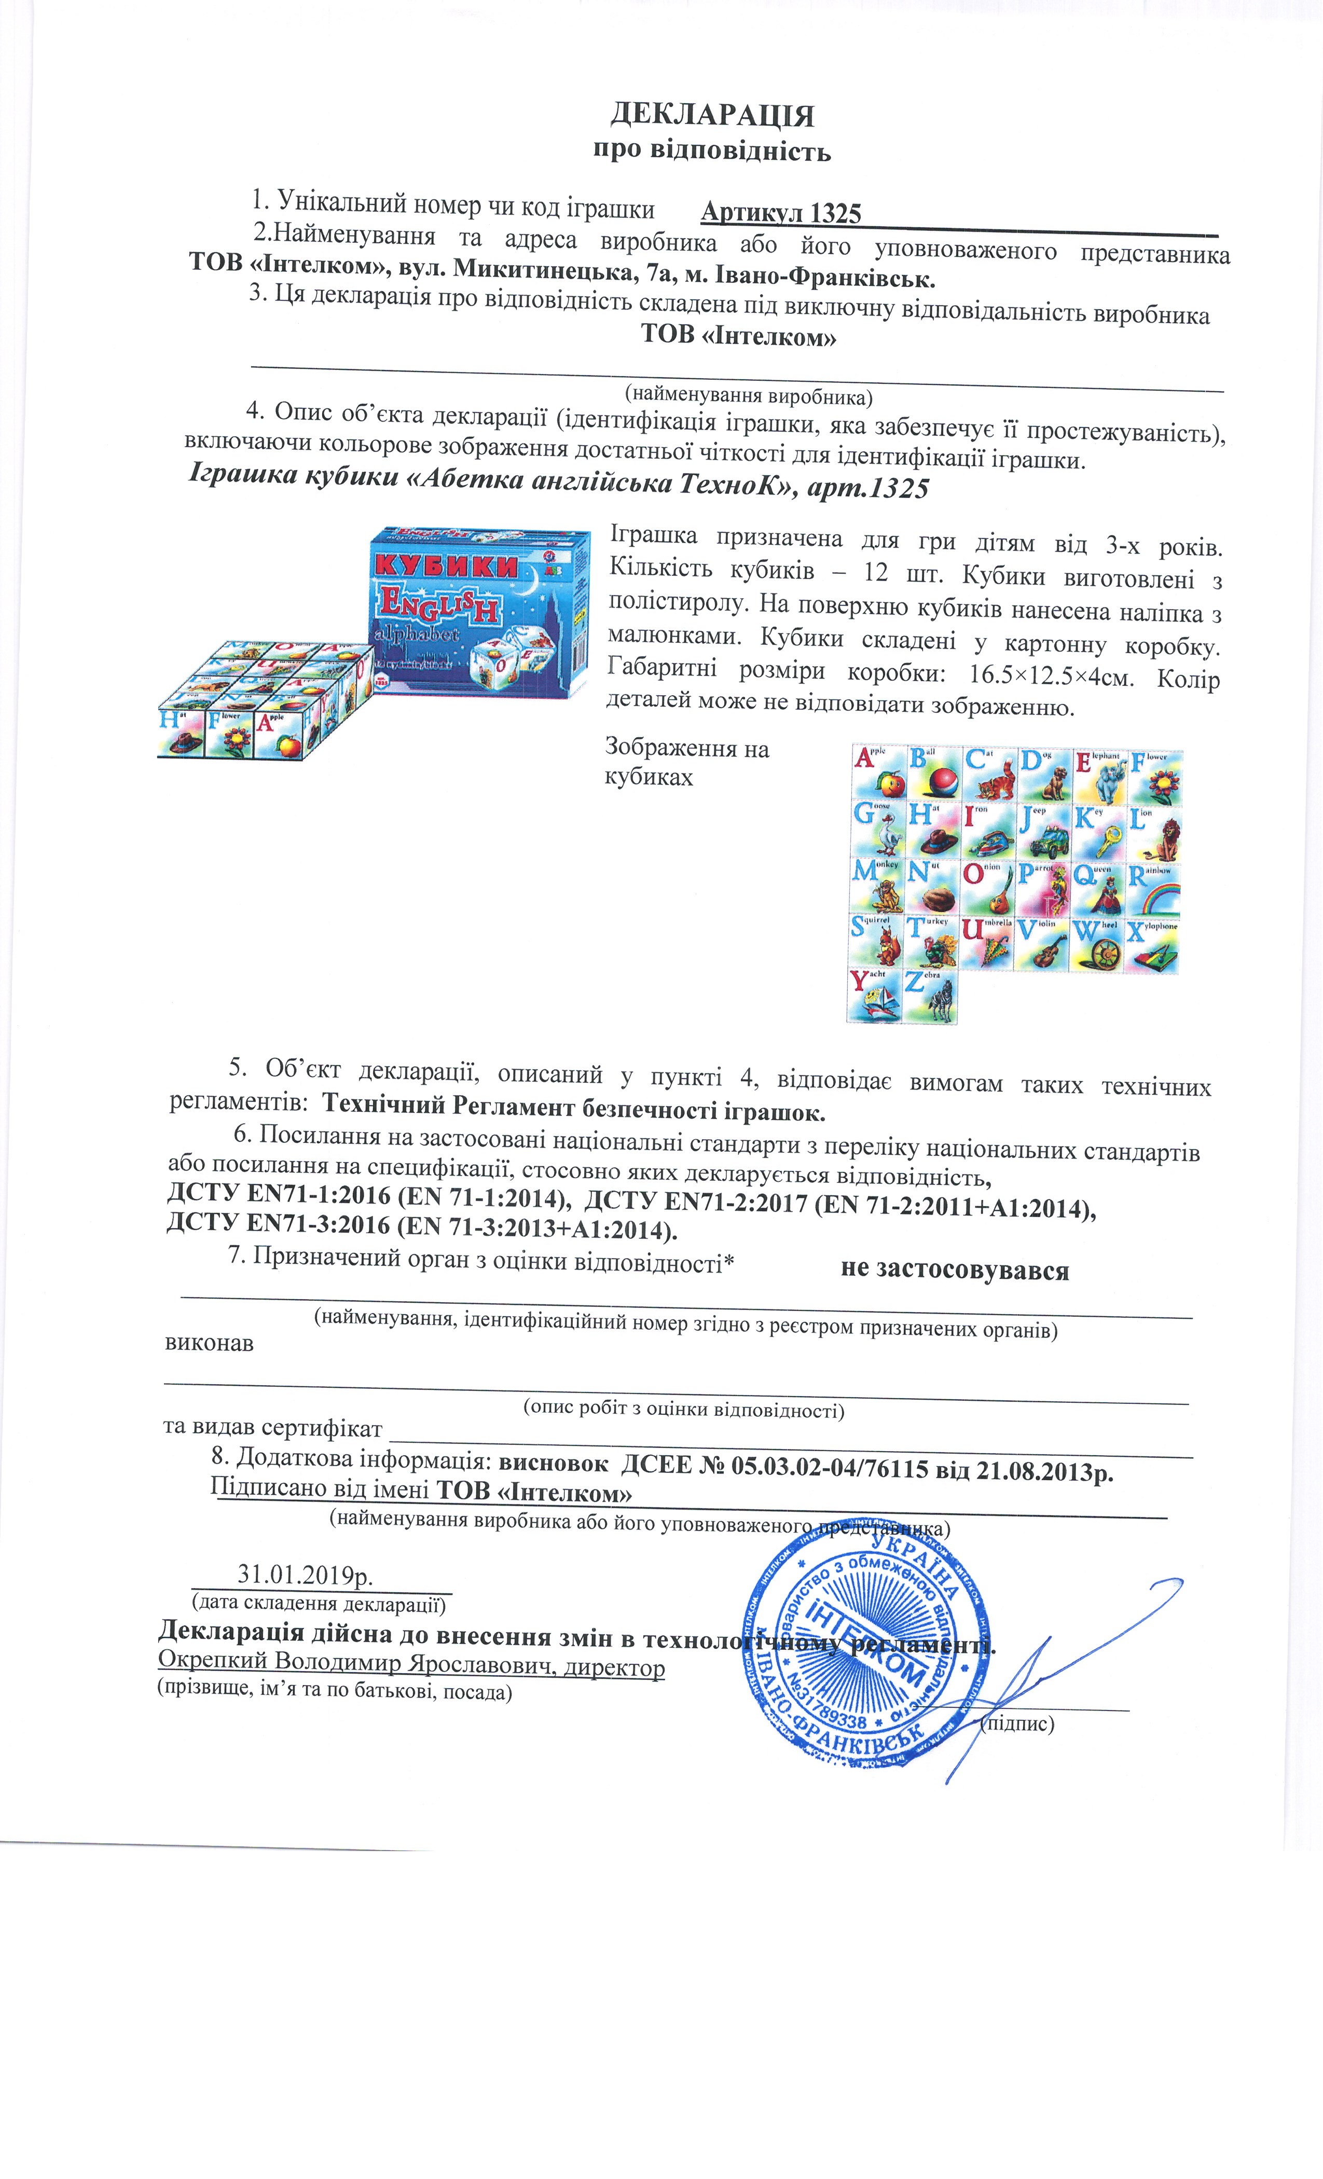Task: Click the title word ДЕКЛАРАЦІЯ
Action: (x=712, y=115)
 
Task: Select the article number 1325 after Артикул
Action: (x=836, y=213)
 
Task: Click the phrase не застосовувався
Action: (x=955, y=1270)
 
